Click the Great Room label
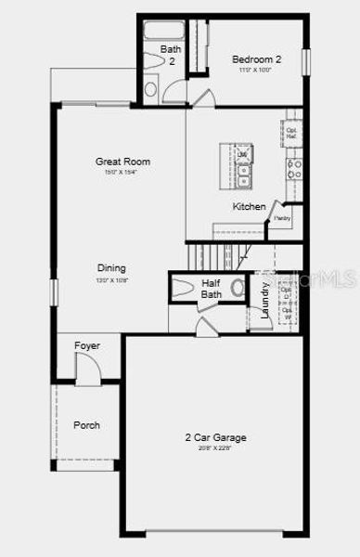[122, 162]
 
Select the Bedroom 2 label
[256, 59]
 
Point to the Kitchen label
[249, 206]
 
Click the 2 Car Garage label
[215, 437]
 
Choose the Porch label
[86, 425]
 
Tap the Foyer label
[87, 346]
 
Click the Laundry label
[265, 301]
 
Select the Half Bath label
[212, 289]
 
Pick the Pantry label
[282, 219]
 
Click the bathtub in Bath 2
[165, 31]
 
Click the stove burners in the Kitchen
[294, 168]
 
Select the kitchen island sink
[243, 171]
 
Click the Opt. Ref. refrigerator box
[290, 132]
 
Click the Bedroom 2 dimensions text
[256, 70]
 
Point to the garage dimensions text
[215, 447]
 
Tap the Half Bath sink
[237, 287]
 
